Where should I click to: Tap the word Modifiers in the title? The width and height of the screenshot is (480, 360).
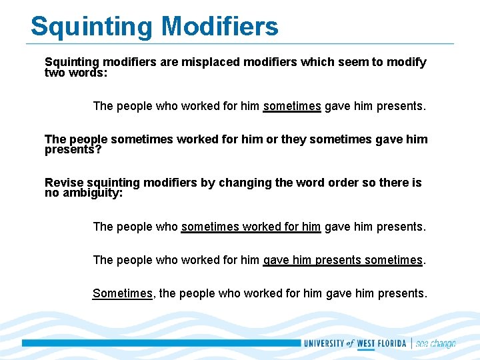[219, 27]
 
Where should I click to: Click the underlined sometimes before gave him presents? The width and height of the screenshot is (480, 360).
[292, 106]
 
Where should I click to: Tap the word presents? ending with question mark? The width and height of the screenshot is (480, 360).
[70, 149]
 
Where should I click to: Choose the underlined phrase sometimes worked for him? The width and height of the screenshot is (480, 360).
[251, 227]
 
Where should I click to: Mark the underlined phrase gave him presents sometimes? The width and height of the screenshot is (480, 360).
[343, 260]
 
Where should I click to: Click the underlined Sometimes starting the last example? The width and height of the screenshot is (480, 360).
[123, 293]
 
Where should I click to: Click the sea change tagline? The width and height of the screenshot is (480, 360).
[435, 343]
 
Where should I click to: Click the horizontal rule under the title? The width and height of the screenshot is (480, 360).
[240, 44]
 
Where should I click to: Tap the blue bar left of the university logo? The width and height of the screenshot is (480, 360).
[160, 343]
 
